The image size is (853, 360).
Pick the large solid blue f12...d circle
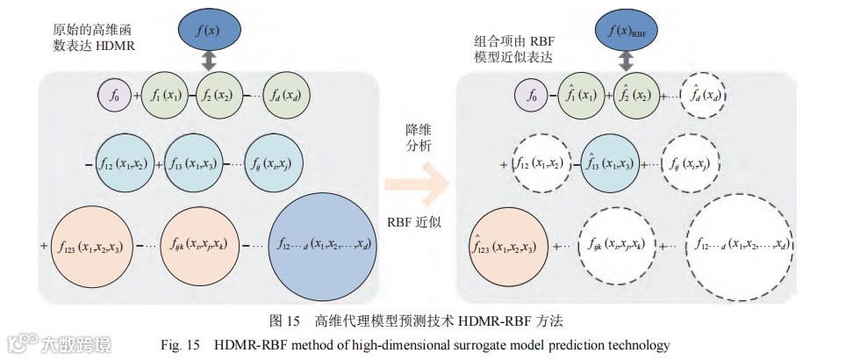point(324,242)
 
